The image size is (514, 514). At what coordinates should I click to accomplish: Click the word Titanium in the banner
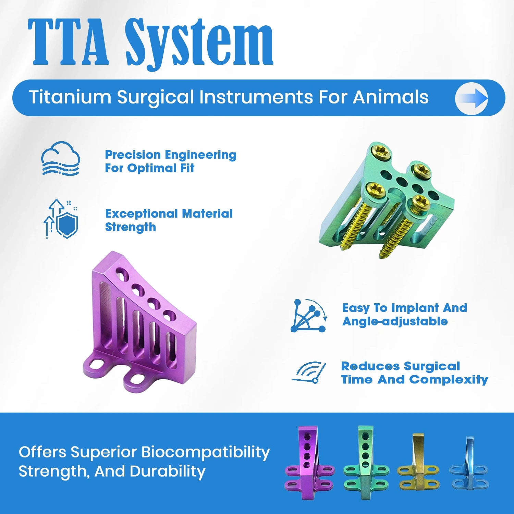tap(70, 97)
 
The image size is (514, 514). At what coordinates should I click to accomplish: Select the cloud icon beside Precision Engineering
tap(61, 159)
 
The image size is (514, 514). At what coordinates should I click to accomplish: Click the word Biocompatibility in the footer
tap(205, 452)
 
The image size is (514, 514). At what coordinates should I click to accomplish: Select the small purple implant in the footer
tap(309, 463)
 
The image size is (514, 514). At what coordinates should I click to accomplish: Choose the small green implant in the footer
tap(366, 463)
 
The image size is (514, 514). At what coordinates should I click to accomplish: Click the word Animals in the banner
tap(390, 97)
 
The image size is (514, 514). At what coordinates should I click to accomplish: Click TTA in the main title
tap(69, 43)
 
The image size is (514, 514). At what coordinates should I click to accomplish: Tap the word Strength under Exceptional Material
tap(130, 227)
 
